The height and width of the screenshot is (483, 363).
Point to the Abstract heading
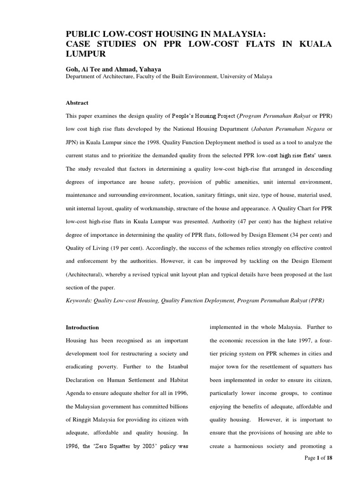pyautogui.click(x=77, y=103)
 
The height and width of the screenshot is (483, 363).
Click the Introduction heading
pyautogui.click(x=82, y=327)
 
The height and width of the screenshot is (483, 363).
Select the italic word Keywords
pyautogui.click(x=80, y=299)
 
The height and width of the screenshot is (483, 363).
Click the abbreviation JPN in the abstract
pyautogui.click(x=72, y=142)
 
